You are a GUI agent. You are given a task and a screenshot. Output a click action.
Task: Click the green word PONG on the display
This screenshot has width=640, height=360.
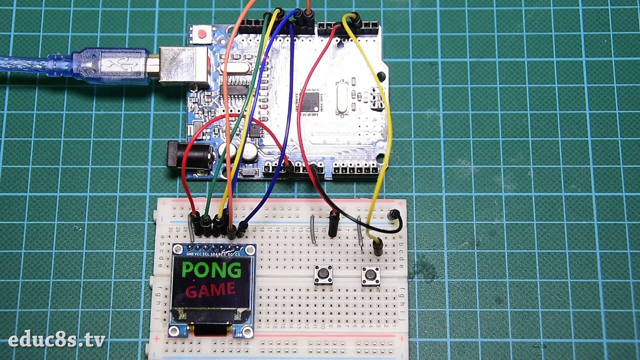coord(211,270)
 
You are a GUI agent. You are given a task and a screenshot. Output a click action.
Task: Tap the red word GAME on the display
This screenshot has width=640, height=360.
coord(210,290)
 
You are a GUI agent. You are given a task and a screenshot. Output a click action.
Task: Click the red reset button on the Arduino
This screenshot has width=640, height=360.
coord(202,34)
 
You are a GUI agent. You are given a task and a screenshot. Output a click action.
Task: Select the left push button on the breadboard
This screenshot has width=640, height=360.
coord(323,274)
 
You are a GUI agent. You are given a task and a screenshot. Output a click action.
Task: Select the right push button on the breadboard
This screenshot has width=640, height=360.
coord(371,274)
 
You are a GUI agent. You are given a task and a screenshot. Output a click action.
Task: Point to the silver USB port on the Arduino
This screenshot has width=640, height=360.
coord(183,65)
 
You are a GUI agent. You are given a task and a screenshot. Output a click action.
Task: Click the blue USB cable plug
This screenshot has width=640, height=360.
coord(112,65)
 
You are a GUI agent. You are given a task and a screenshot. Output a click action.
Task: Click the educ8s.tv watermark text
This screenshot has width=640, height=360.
coord(56,340)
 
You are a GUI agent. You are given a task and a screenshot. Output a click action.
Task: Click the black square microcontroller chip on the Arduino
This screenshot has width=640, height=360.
coord(309,101)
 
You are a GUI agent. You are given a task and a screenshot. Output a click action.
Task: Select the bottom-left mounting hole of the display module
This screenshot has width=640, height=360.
coord(175,330)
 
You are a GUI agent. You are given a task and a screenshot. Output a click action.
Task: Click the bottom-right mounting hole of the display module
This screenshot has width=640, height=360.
coord(247,330)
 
